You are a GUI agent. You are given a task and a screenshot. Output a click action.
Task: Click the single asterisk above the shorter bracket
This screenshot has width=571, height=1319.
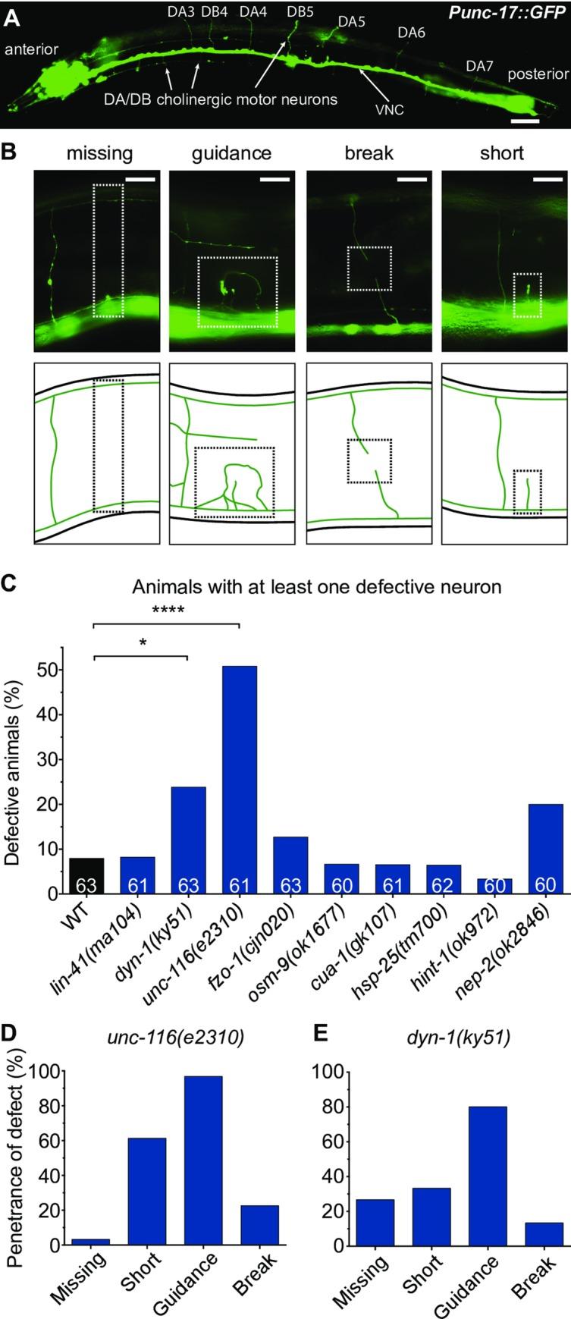(141, 643)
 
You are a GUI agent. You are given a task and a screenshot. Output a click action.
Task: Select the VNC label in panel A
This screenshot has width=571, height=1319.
(389, 108)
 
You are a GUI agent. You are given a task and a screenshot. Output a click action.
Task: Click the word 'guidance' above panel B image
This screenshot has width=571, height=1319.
(231, 154)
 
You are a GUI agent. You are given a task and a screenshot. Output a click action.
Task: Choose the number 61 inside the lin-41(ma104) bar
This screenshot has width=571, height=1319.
(138, 884)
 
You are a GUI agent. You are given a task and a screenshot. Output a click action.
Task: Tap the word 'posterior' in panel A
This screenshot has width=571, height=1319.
(538, 74)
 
